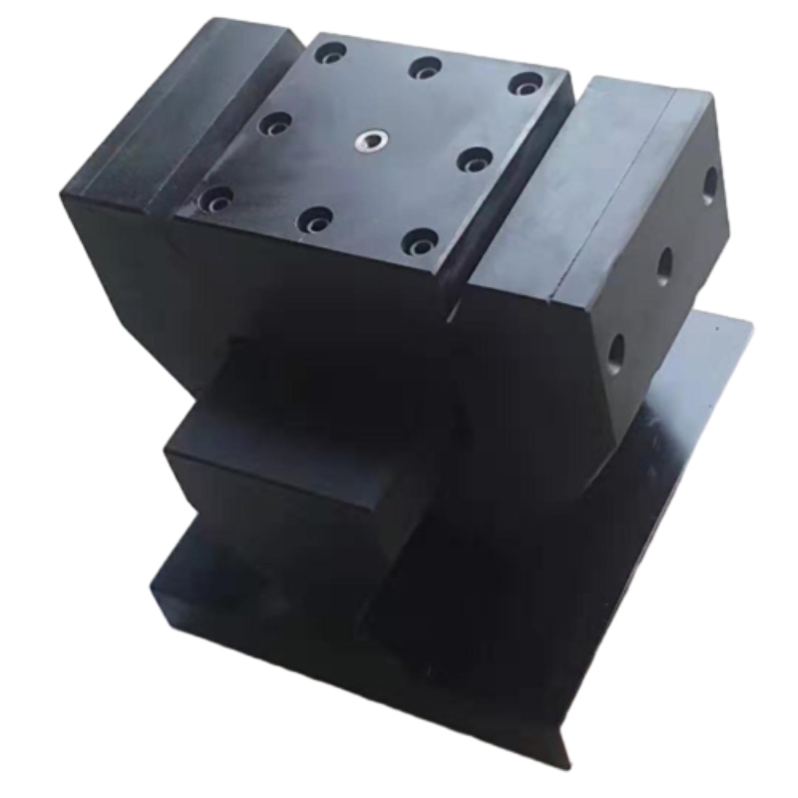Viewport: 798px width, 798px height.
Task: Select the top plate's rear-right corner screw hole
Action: (525, 84)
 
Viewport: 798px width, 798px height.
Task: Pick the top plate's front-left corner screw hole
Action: (214, 199)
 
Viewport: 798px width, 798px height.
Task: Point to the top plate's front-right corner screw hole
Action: (420, 240)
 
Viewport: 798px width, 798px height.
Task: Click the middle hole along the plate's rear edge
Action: (426, 68)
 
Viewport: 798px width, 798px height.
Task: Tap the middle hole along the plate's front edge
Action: (315, 218)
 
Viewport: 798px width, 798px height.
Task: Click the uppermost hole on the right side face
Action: (709, 184)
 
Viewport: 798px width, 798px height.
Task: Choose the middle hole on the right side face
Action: (663, 264)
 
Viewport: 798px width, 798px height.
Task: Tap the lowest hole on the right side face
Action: (615, 350)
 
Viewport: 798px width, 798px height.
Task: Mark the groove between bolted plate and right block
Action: (519, 199)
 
